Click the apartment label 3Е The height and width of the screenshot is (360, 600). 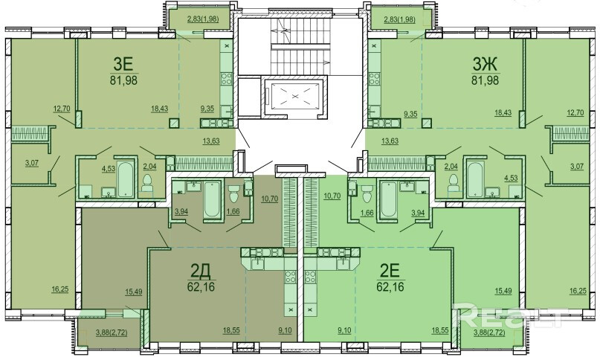(123, 63)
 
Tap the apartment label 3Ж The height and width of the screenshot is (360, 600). (485, 63)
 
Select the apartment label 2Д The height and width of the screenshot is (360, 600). (201, 271)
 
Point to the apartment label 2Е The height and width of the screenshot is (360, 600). (390, 271)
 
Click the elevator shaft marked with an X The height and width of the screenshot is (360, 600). (294, 95)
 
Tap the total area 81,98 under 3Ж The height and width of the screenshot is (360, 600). (486, 80)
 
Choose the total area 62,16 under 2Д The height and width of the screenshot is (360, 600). (201, 286)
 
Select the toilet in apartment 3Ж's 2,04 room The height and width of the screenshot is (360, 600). (453, 183)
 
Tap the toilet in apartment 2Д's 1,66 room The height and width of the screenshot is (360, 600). (233, 195)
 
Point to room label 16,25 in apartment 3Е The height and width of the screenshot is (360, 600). (60, 289)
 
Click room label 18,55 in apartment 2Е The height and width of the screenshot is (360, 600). (439, 330)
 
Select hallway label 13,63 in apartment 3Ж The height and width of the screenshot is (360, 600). (390, 141)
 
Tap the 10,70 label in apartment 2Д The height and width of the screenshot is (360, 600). (270, 199)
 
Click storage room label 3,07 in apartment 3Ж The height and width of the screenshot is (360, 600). (577, 166)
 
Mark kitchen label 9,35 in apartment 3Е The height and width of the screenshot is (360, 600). (207, 109)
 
